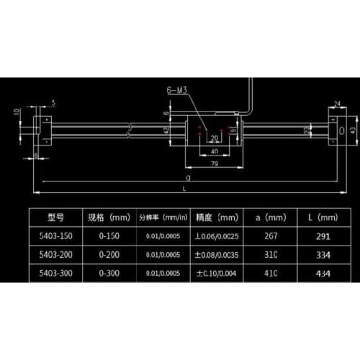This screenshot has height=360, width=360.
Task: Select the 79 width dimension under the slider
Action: (214, 164)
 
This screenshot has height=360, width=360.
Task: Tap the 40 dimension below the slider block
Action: (214, 153)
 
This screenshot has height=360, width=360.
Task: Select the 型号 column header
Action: (56, 217)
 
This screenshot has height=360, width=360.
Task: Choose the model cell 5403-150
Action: (56, 235)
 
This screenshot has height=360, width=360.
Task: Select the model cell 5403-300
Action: (56, 273)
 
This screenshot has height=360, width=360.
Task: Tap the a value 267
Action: (272, 235)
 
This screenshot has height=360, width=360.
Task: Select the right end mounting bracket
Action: (336, 130)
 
